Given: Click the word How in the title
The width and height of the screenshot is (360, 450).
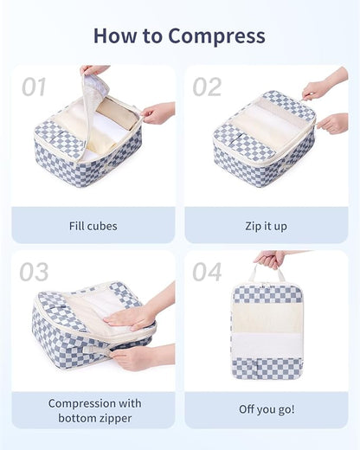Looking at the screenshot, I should (x=113, y=36).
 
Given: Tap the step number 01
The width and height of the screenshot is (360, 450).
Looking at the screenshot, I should (x=34, y=87).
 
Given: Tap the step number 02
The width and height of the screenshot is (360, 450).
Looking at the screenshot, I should (x=207, y=87).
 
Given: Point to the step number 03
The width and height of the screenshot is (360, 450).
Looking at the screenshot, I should (x=34, y=272).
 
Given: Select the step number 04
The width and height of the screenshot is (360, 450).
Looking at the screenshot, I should (x=207, y=272).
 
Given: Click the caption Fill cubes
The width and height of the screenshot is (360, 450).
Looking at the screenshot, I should (x=93, y=226).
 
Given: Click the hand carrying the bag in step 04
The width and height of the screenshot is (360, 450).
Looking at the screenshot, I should (x=271, y=258).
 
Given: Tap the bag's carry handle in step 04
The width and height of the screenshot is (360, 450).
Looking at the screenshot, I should (x=267, y=274).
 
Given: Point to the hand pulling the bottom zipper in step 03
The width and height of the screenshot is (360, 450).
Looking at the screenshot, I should (x=134, y=356).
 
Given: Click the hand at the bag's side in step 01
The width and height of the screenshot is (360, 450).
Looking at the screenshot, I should (x=157, y=112).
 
